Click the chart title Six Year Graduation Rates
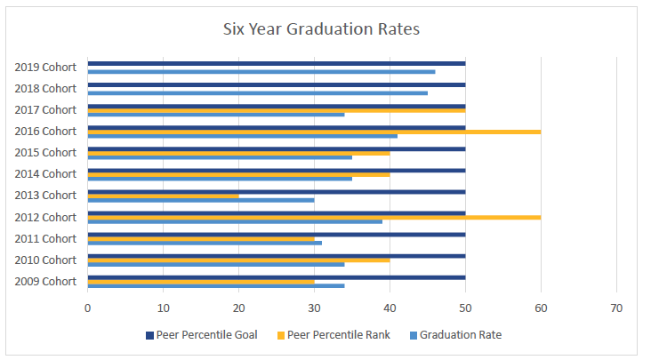[321, 29]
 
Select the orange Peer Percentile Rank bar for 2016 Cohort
[314, 131]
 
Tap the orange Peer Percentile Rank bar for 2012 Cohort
[314, 216]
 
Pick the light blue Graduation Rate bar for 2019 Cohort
[261, 71]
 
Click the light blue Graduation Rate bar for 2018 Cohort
[258, 92]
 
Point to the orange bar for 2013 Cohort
[163, 195]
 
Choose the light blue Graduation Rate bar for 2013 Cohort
[201, 200]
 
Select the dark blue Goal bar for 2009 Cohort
[277, 277]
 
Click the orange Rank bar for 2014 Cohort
[238, 173]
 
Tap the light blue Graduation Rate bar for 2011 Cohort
[205, 243]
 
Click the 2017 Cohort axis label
[45, 109]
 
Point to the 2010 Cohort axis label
[45, 260]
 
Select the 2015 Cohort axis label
[45, 152]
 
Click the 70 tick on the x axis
[616, 308]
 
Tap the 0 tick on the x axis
[87, 308]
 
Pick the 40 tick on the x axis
[390, 308]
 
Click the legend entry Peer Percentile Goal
[205, 335]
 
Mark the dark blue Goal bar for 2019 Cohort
[277, 63]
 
